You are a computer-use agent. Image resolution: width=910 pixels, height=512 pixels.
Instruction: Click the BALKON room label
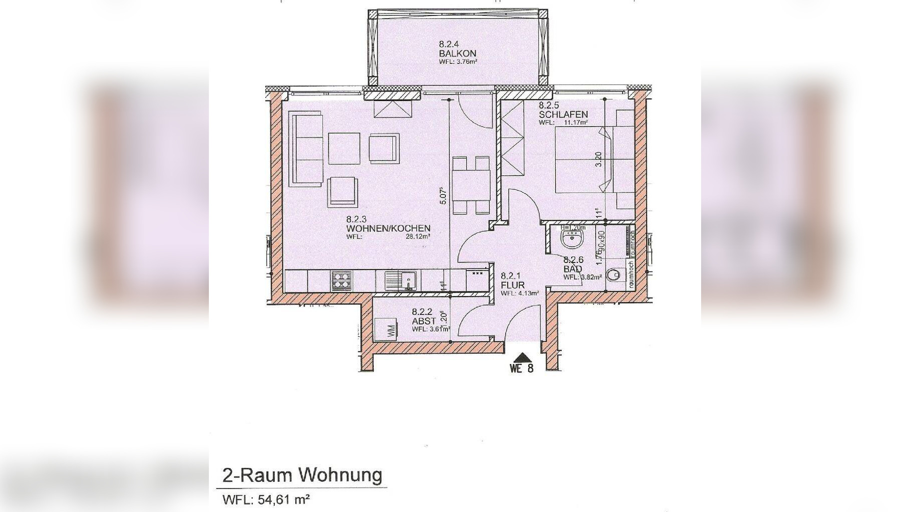tap(457, 53)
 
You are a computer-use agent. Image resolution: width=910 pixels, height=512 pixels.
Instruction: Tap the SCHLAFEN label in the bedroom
tap(563, 114)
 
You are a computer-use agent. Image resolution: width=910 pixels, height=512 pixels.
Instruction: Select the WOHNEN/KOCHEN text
tap(388, 228)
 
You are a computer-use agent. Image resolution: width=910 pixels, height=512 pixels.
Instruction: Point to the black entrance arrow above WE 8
tap(522, 357)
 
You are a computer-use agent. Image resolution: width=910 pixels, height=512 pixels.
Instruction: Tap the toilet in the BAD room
tap(614, 274)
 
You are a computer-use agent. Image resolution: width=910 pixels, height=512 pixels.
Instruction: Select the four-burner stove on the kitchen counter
tap(341, 280)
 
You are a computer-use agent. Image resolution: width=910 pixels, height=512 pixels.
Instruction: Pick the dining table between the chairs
tap(471, 185)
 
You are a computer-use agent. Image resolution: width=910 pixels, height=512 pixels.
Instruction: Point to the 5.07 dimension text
tap(443, 195)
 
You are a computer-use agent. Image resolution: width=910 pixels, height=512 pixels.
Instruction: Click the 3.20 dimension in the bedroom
tap(599, 159)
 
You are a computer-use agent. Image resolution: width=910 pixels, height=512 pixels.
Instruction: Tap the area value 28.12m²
tap(418, 237)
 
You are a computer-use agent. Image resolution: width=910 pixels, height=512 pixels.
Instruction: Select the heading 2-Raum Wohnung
tap(302, 475)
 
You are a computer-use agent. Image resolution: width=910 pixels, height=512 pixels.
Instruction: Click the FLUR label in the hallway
tap(512, 285)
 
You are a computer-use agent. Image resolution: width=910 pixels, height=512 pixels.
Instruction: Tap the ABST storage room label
tap(424, 320)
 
